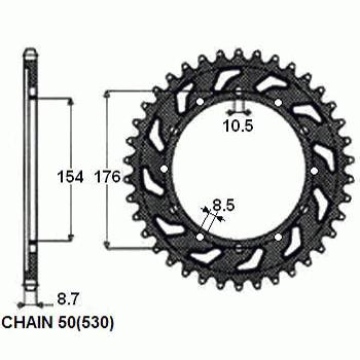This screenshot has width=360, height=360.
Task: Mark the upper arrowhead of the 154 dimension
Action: [x=70, y=102]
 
